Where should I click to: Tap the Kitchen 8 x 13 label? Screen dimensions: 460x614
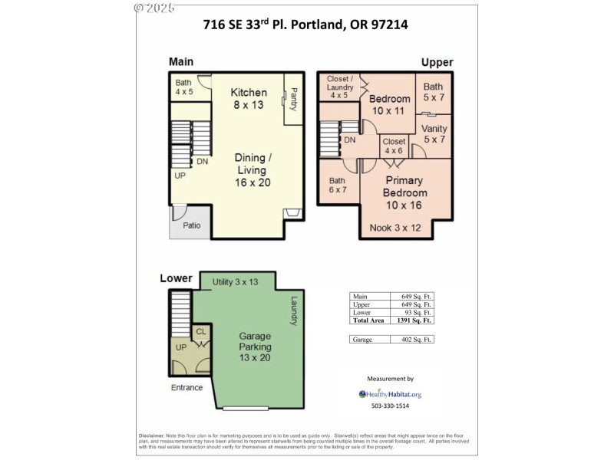(x=249, y=98)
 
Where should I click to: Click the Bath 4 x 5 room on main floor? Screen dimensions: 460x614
(x=183, y=87)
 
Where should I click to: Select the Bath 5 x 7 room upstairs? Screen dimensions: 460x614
(x=434, y=92)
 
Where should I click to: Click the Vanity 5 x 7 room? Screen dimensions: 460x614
(x=434, y=134)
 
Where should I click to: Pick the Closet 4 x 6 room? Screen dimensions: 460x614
(x=394, y=146)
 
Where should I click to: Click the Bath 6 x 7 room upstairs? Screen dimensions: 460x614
(x=338, y=184)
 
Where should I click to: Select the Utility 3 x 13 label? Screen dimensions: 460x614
(x=235, y=282)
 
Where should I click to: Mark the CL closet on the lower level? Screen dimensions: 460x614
(x=201, y=332)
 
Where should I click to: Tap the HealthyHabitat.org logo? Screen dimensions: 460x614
(x=391, y=394)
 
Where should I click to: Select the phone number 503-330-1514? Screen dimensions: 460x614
(x=391, y=406)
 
